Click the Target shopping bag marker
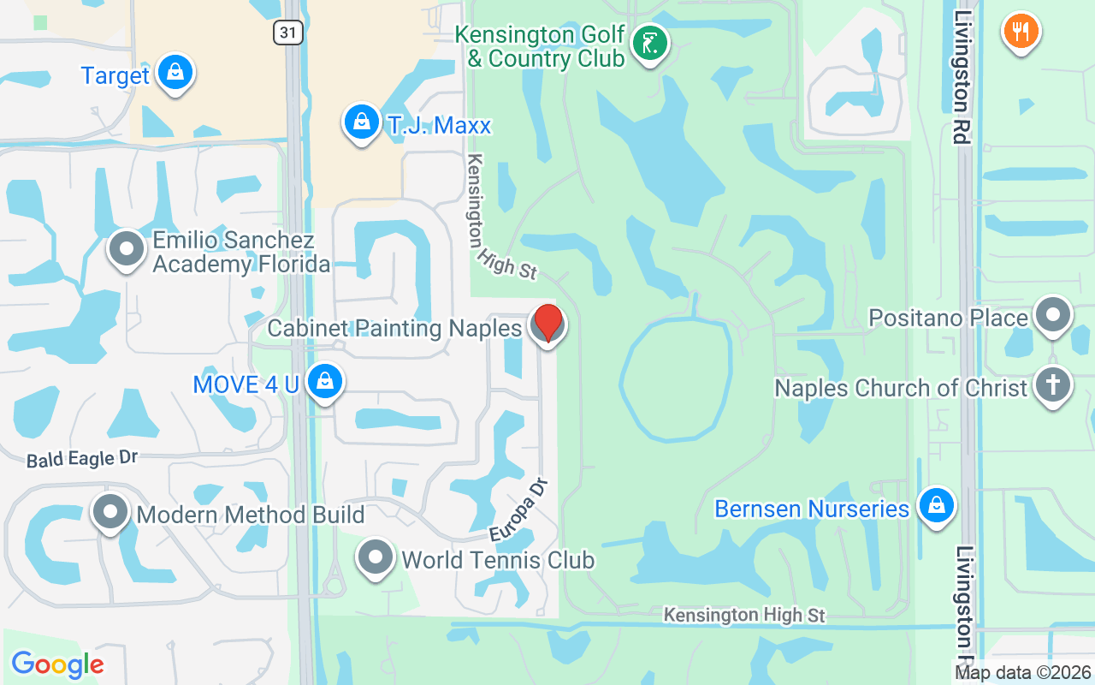tap(175, 74)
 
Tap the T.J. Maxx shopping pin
tap(362, 122)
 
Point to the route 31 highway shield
tap(288, 33)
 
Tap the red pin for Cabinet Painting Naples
tap(547, 324)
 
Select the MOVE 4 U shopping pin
tap(324, 383)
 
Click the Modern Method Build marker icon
tap(110, 513)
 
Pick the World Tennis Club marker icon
tap(375, 558)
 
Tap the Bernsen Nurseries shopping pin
tap(937, 506)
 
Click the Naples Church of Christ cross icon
tap(1052, 385)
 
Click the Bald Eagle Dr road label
tap(82, 459)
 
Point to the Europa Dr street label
tap(518, 509)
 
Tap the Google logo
tap(57, 664)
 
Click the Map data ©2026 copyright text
tap(1023, 673)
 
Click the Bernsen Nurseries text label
tap(812, 509)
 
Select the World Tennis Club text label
tap(498, 561)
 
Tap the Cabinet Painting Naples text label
tap(394, 329)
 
